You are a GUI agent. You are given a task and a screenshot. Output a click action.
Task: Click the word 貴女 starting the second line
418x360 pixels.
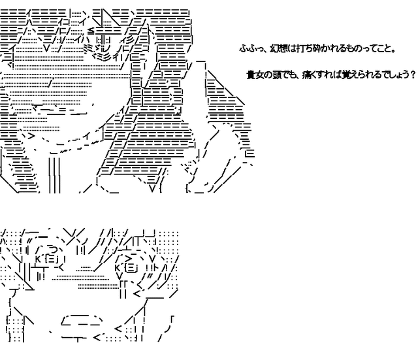point(255,75)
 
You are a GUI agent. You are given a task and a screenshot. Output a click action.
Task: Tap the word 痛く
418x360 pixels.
point(308,75)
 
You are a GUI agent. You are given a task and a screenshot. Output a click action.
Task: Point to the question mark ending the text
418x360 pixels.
point(411,75)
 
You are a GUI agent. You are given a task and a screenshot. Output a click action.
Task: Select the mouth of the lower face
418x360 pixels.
point(82,320)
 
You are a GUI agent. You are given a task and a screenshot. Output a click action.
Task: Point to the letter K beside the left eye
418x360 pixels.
point(38,259)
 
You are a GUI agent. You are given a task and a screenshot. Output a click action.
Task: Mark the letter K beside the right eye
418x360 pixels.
point(118,269)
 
